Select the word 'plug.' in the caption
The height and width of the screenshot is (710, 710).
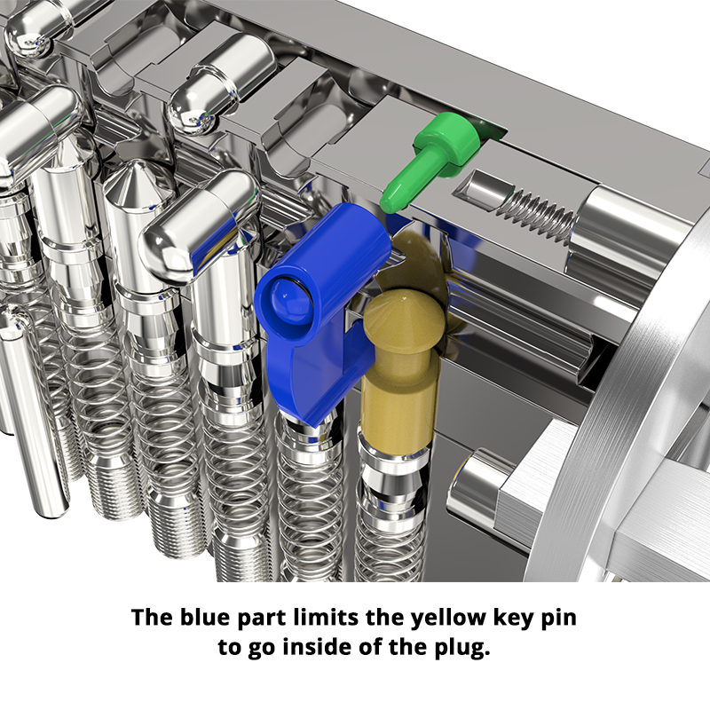click(x=461, y=648)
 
